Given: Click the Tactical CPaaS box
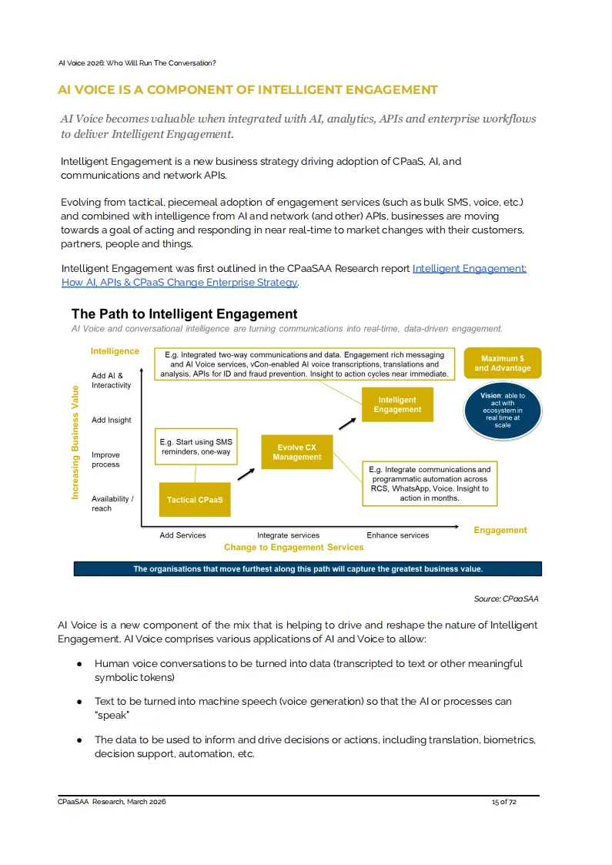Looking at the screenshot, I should (x=195, y=500).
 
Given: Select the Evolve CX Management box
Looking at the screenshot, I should (x=297, y=452).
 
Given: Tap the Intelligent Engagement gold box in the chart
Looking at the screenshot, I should (x=397, y=404).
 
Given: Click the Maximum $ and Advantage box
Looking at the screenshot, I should (x=503, y=363).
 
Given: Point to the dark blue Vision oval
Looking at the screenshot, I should (x=503, y=411).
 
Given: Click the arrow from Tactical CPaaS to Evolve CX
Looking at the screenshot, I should (x=246, y=473).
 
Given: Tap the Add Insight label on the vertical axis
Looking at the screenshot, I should (x=112, y=420).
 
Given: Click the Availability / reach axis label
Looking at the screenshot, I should (x=112, y=503).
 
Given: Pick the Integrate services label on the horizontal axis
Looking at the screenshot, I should (x=288, y=535).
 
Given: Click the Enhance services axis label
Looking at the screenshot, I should (x=398, y=535).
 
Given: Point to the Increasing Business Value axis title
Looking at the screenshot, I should (x=75, y=442).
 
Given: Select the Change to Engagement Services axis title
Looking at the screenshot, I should (x=293, y=548).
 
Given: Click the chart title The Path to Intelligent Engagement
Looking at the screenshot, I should (x=184, y=314).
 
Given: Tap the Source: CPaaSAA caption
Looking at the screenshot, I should (x=506, y=598).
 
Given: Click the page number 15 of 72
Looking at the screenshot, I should (x=504, y=802).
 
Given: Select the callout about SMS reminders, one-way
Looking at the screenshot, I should (x=196, y=447).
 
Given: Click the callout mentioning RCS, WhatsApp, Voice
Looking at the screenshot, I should (x=430, y=484).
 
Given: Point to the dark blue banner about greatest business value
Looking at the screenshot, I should (x=308, y=569).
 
